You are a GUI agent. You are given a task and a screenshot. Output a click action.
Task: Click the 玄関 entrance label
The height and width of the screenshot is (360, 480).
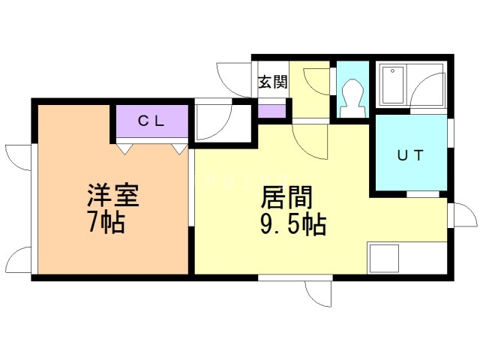click(273, 82)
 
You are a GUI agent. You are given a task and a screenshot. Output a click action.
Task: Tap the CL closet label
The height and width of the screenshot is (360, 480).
click(151, 120)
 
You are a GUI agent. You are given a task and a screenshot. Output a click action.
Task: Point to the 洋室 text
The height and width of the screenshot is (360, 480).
click(112, 197)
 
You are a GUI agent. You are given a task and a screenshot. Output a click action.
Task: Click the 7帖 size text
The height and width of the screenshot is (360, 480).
click(106, 223)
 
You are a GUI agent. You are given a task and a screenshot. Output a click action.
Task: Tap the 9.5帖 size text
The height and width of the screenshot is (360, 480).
click(293, 223)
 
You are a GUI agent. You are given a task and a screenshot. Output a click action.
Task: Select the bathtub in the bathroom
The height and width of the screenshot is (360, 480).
click(393, 85)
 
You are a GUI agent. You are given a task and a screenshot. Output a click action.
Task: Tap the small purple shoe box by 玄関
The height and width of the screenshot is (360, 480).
click(271, 110)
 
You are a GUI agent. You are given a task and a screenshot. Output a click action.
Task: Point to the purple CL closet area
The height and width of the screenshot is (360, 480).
click(151, 121)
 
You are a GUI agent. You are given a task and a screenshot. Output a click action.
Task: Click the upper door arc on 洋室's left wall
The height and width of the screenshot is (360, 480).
click(18, 156)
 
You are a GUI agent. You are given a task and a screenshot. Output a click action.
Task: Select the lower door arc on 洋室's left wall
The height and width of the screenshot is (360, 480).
click(18, 259)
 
